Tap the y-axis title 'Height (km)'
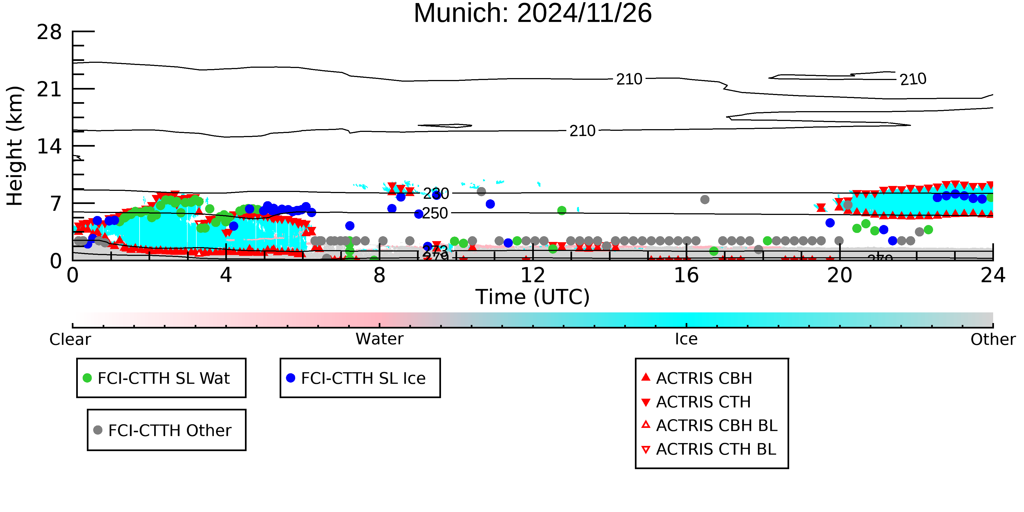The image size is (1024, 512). (15, 146)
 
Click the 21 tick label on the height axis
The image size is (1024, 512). (49, 90)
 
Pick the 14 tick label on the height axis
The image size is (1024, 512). (49, 147)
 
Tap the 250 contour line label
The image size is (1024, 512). (435, 214)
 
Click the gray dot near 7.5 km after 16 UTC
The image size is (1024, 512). (705, 200)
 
